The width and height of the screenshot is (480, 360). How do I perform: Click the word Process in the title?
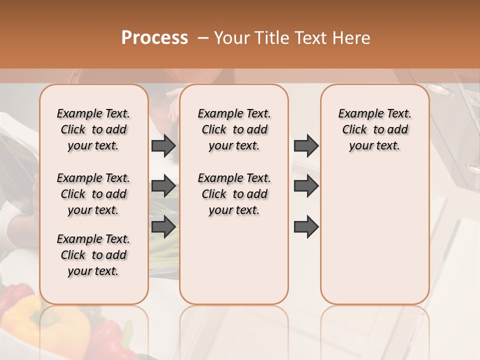154,38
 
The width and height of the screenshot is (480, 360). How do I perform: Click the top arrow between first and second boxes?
163,145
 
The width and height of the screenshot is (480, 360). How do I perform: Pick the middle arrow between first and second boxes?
163,186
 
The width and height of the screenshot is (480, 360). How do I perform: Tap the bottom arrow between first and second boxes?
163,227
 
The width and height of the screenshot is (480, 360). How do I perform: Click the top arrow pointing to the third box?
306,145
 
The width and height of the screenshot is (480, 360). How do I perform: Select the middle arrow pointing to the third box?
306,186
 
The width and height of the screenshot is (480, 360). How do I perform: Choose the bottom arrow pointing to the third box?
306,227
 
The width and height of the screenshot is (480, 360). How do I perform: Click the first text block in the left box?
93,129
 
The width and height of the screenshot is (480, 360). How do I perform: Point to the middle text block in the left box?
93,194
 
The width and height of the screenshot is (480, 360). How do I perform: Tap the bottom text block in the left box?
93,255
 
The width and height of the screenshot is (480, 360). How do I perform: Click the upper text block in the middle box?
234,129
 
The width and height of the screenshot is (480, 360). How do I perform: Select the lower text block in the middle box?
234,194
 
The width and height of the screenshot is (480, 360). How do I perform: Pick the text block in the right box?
374,129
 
